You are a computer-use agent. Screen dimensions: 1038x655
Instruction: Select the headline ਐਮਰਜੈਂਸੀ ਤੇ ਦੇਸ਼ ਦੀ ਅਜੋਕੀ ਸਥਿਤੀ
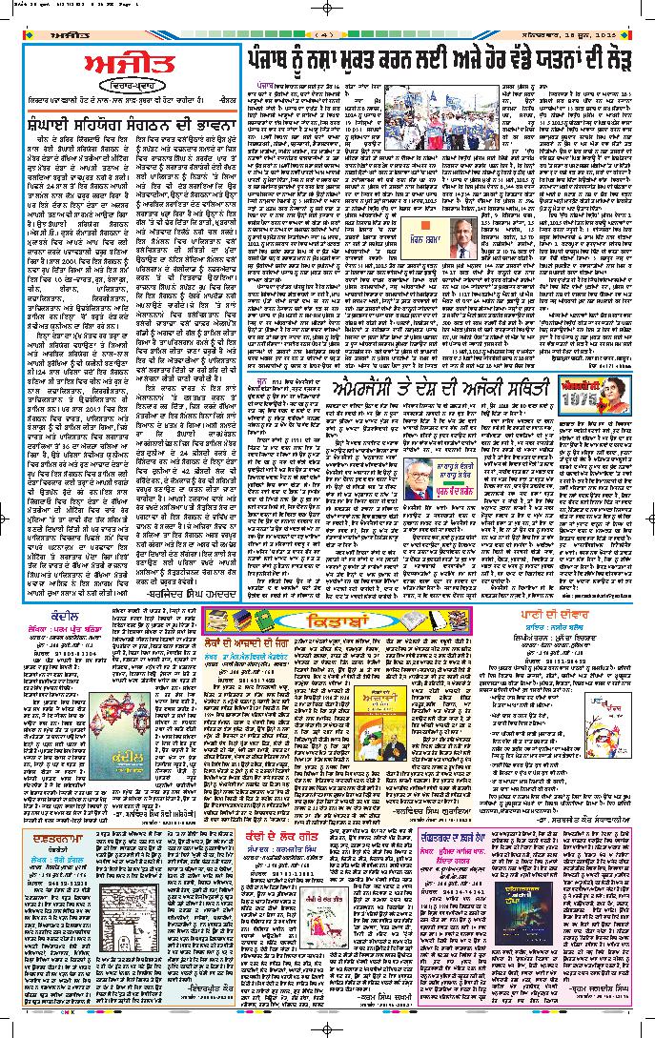pos(438,387)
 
